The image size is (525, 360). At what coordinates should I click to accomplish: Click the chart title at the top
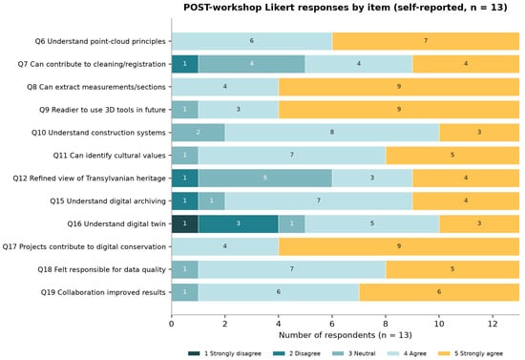click(x=346, y=8)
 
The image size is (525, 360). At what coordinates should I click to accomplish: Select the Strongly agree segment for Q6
click(x=426, y=41)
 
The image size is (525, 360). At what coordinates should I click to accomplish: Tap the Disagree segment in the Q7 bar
click(x=185, y=64)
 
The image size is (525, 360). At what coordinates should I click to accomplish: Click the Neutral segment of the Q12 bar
click(x=265, y=178)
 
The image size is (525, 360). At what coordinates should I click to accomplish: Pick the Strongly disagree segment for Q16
click(x=185, y=223)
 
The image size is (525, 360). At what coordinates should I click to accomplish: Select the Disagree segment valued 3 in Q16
click(x=238, y=223)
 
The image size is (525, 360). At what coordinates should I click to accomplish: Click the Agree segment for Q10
click(x=332, y=133)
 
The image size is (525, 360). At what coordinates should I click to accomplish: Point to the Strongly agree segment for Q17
click(x=399, y=246)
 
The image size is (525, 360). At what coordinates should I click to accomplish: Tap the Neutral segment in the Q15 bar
click(x=212, y=201)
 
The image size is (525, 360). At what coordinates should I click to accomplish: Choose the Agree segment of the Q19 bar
click(x=278, y=292)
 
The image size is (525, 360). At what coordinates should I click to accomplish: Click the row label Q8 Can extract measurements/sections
click(x=96, y=87)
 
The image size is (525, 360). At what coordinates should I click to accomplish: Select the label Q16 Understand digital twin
click(x=116, y=223)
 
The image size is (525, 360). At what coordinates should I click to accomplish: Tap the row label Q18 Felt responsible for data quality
click(x=102, y=269)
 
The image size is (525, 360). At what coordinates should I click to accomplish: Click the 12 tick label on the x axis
click(x=493, y=324)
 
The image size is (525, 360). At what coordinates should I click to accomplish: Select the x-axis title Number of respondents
click(x=346, y=335)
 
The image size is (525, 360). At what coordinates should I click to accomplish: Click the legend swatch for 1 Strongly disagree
click(x=194, y=353)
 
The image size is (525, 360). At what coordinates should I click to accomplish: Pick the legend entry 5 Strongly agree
click(x=470, y=353)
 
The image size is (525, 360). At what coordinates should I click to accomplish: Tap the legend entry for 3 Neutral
click(x=353, y=353)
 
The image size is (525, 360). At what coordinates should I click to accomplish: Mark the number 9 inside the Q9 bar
click(x=399, y=110)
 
